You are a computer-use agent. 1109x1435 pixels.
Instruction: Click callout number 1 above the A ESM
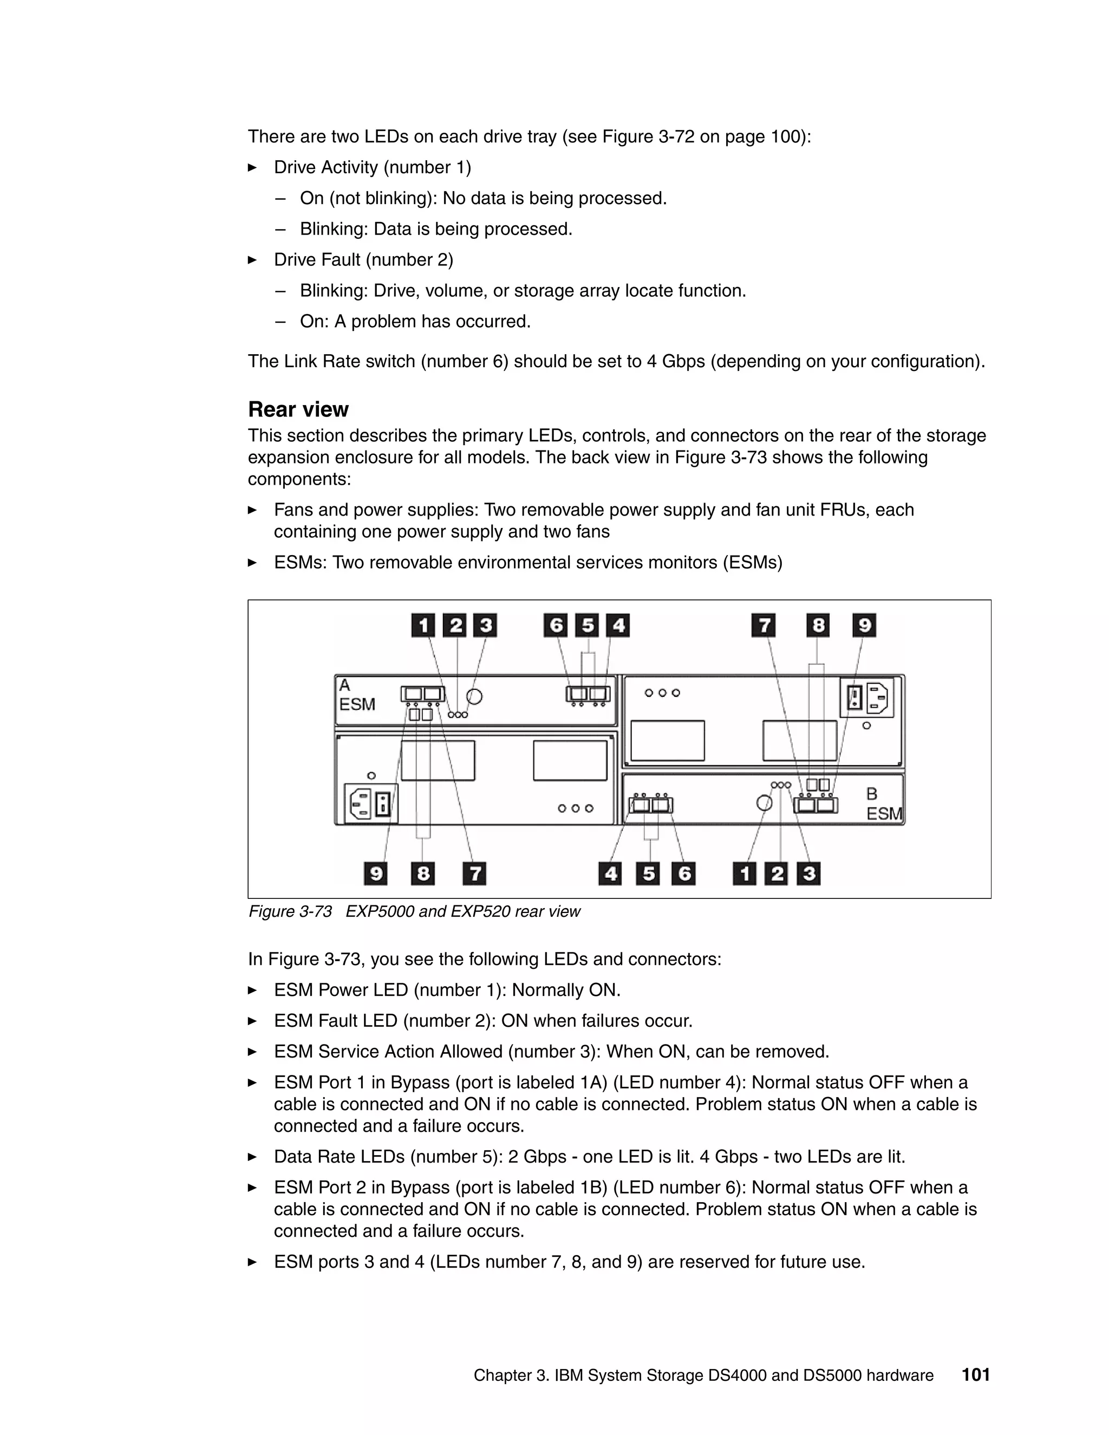(x=423, y=625)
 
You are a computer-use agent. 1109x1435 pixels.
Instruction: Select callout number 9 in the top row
(x=864, y=625)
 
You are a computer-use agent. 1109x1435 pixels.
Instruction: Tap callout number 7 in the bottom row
(x=474, y=873)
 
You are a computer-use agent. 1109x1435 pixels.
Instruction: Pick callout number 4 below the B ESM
(x=610, y=873)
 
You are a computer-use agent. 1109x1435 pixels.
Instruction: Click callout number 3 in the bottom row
(x=809, y=873)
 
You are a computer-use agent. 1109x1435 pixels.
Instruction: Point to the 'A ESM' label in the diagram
(x=357, y=695)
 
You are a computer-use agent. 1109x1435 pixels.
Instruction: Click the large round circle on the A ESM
(x=474, y=696)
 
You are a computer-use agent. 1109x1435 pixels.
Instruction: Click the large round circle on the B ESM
(x=764, y=803)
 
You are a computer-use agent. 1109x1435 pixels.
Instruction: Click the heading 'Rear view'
(x=298, y=409)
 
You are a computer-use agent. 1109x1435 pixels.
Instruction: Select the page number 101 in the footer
(x=976, y=1374)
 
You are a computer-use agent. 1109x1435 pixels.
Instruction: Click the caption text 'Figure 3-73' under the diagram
(x=290, y=911)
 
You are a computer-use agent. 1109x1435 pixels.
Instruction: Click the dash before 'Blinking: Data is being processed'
(x=280, y=229)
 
